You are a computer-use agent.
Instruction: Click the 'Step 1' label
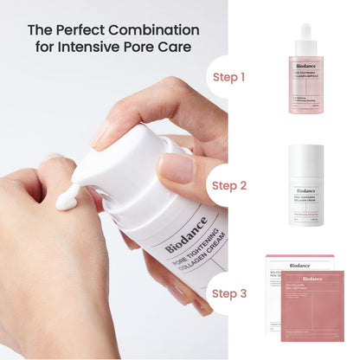(x=229, y=77)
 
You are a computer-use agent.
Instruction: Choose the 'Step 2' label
(x=229, y=185)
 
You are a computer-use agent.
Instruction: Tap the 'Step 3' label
(x=229, y=293)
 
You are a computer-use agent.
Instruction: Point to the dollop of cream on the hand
(x=67, y=201)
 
